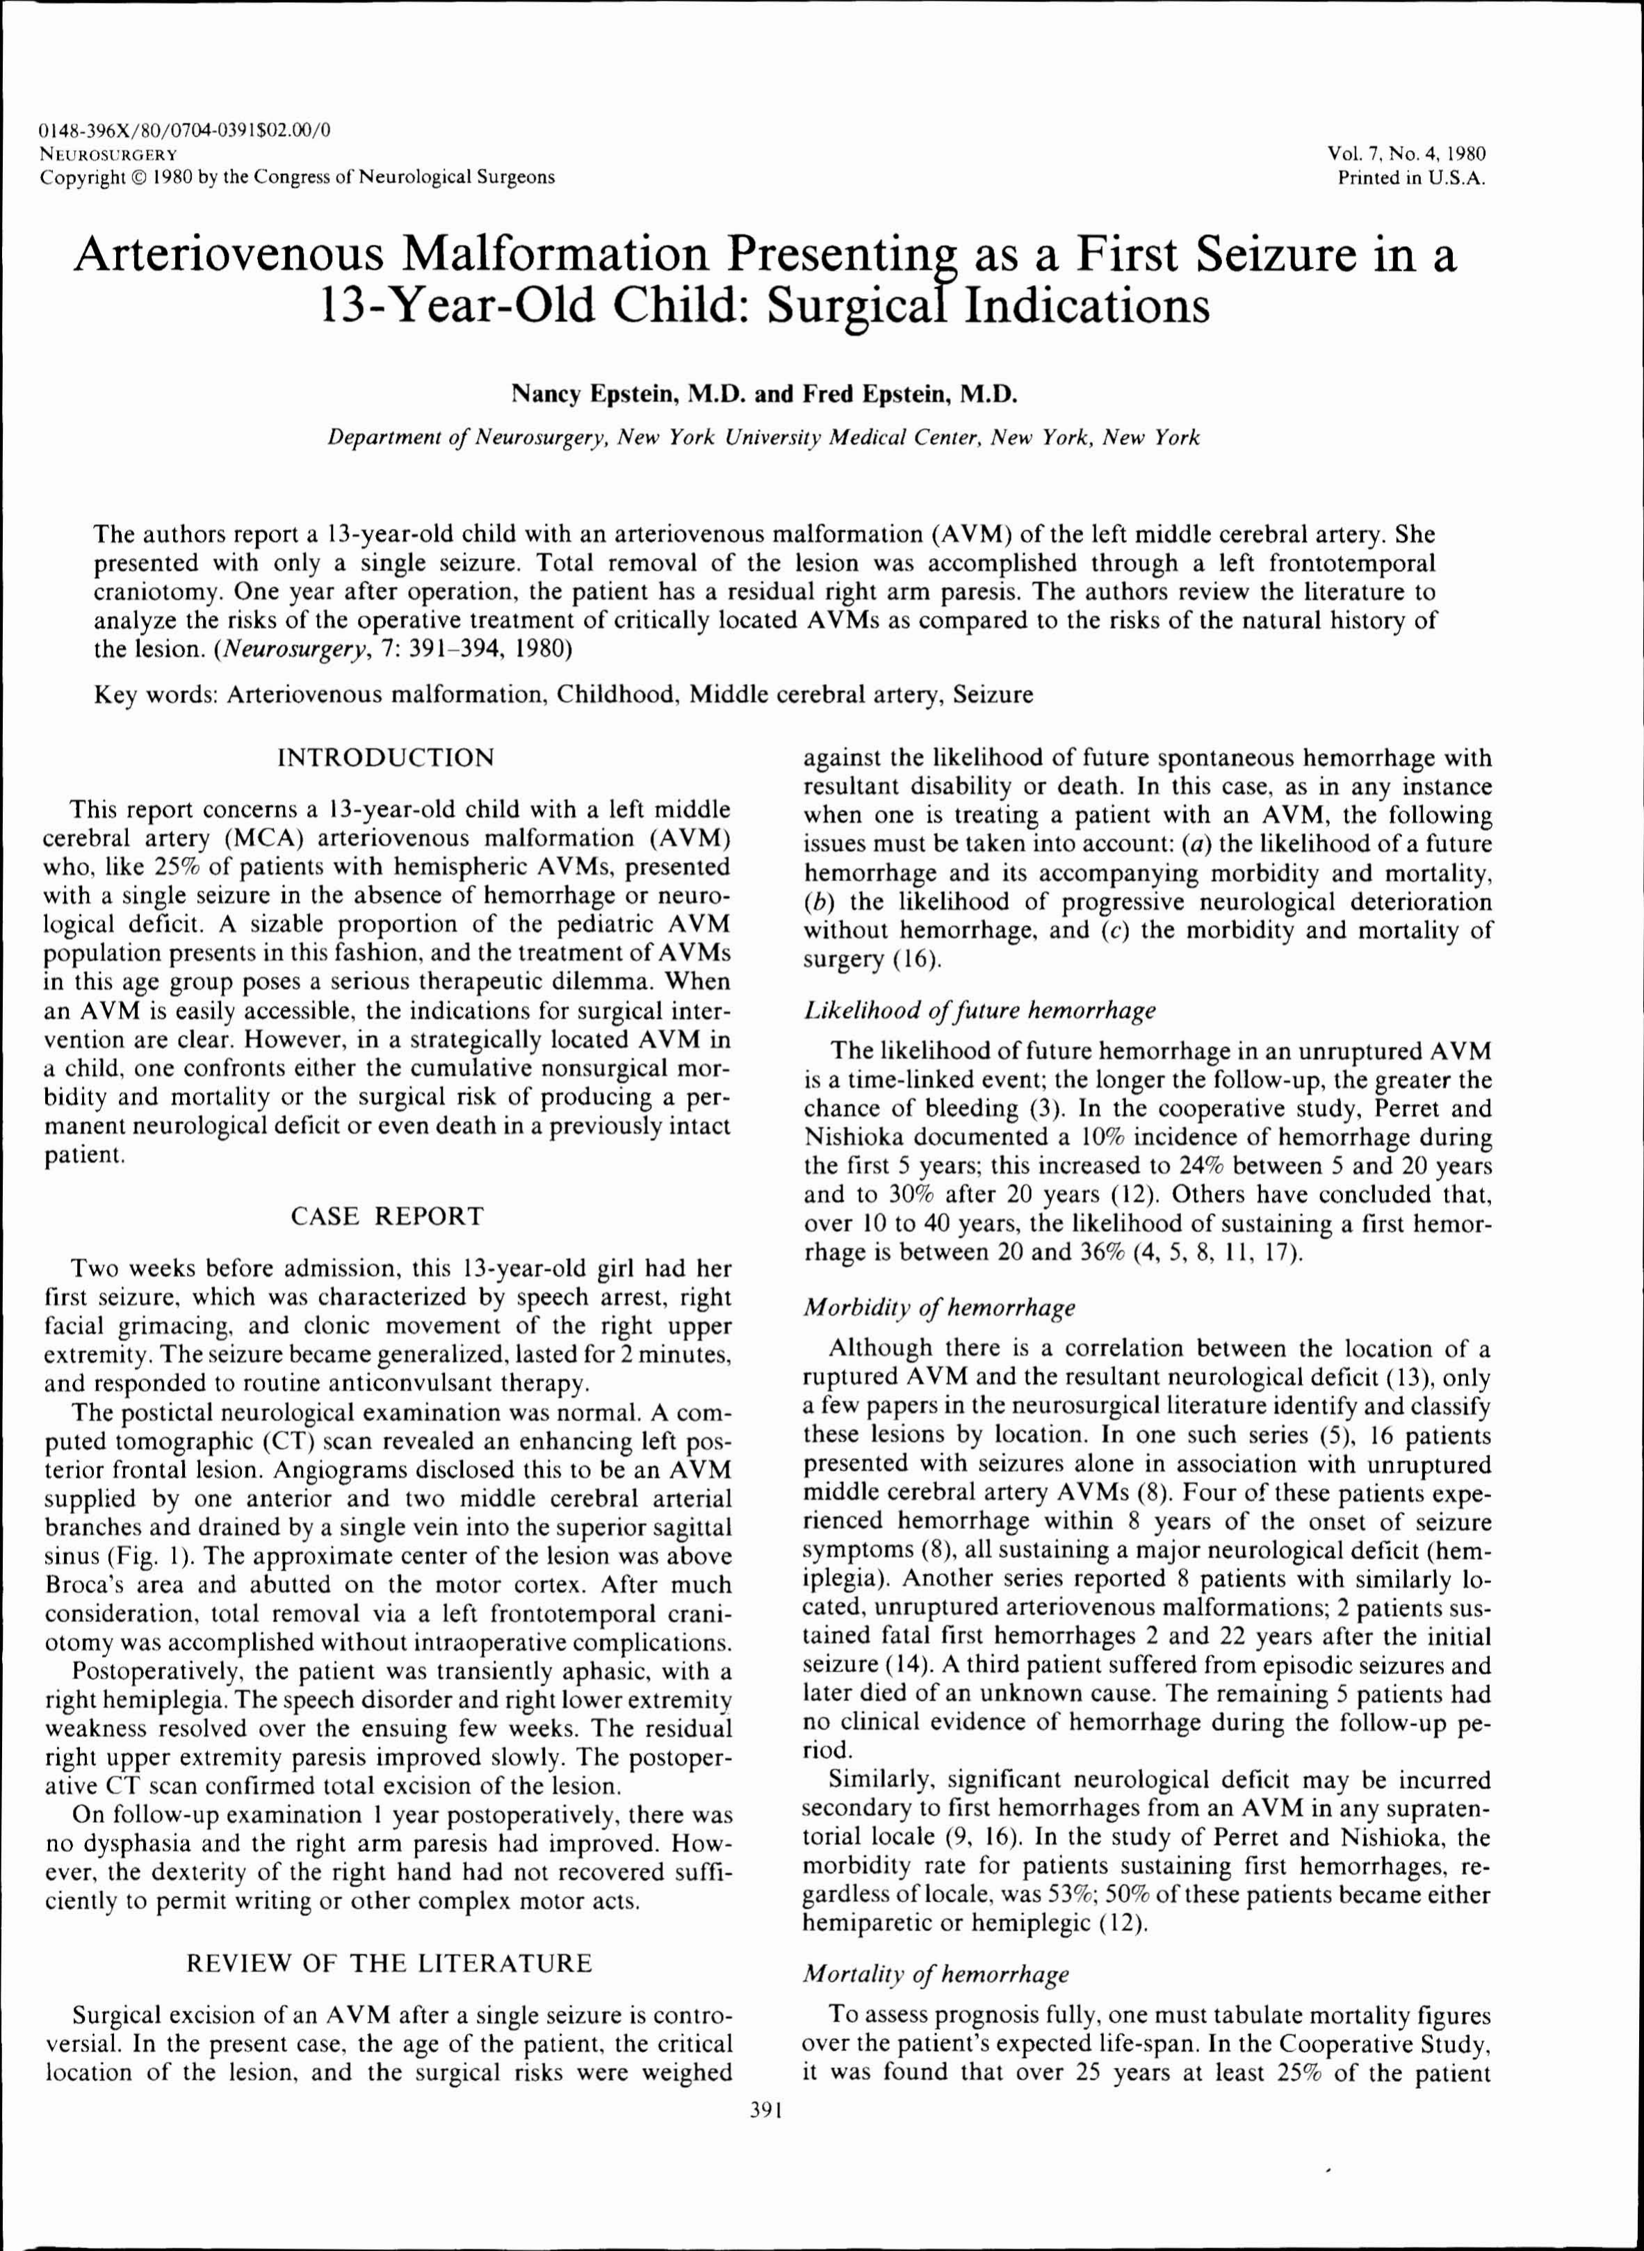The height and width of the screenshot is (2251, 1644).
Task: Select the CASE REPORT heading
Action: pyautogui.click(x=387, y=1216)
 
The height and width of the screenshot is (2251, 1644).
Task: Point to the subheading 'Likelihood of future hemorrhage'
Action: pyautogui.click(x=979, y=1011)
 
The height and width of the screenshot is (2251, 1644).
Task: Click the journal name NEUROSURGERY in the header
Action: pyautogui.click(x=108, y=154)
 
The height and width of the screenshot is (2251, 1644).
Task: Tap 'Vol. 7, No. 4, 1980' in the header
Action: pyautogui.click(x=1405, y=154)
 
